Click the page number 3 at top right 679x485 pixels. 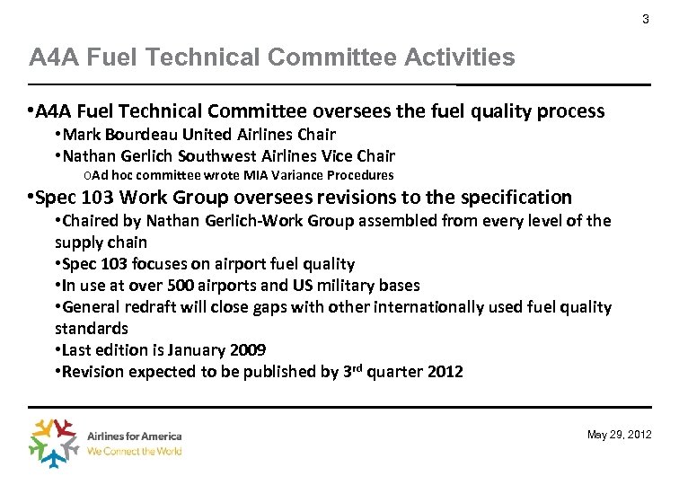[645, 20]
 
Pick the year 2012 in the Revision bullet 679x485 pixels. [444, 372]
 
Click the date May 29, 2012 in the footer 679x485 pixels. [619, 435]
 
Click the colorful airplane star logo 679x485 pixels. [56, 442]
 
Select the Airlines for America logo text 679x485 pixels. [134, 436]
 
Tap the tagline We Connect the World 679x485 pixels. [134, 451]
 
